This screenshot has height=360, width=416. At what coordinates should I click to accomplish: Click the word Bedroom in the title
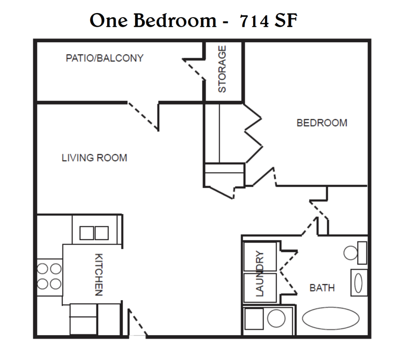pos(175,20)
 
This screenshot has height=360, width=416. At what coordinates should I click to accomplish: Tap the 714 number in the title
pos(255,21)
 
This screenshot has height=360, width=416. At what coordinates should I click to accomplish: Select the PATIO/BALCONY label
pos(104,58)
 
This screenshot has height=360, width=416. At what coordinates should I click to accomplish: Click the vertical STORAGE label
pos(222,69)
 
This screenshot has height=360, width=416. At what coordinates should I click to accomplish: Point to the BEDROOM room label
pos(322,123)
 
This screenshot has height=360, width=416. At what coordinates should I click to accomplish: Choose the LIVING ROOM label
pos(94,158)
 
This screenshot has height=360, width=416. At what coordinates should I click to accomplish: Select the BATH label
pos(322,288)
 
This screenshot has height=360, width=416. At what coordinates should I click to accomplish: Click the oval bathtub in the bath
pos(331,318)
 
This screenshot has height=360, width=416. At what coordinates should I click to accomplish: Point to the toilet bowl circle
pos(350,252)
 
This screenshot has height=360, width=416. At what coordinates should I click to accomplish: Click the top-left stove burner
pos(43,269)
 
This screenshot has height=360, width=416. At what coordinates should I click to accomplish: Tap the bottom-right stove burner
pos(56,283)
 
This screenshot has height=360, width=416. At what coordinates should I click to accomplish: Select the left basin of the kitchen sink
pos(86,233)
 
